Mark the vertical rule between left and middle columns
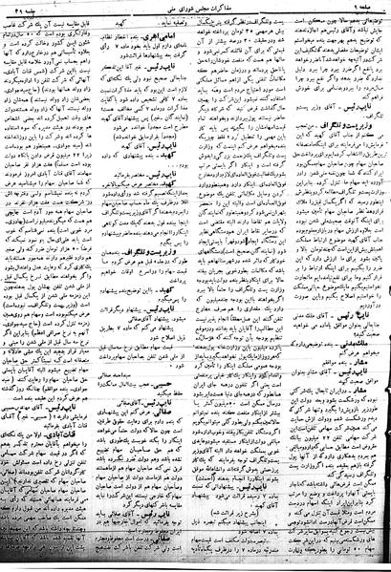pos(131,286)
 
